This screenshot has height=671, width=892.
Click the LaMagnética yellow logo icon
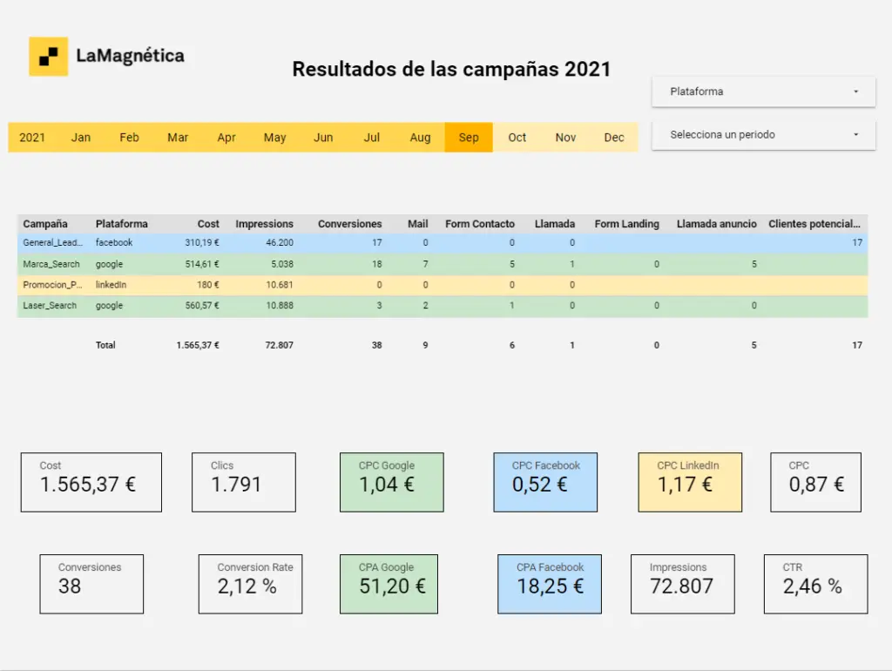pyautogui.click(x=49, y=57)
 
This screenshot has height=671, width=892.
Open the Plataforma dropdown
pyautogui.click(x=763, y=91)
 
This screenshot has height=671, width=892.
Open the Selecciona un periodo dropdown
pyautogui.click(x=763, y=135)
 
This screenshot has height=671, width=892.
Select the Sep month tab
pyautogui.click(x=469, y=137)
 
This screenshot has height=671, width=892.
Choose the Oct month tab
pyautogui.click(x=517, y=137)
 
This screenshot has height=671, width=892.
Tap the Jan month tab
pyautogui.click(x=81, y=137)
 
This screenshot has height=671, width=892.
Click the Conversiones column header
pyautogui.click(x=350, y=224)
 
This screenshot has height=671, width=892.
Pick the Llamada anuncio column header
pyautogui.click(x=717, y=224)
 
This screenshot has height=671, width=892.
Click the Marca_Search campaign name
pyautogui.click(x=51, y=264)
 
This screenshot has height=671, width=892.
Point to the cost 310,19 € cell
pyautogui.click(x=202, y=242)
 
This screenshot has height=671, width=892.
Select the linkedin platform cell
pyautogui.click(x=111, y=285)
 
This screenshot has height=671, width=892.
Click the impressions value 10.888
pyautogui.click(x=280, y=306)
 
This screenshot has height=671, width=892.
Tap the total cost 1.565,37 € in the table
pyautogui.click(x=198, y=345)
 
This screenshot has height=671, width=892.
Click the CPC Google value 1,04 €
pyautogui.click(x=386, y=485)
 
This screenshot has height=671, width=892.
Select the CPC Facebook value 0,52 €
pyautogui.click(x=539, y=485)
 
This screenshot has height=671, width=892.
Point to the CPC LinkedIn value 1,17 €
pyautogui.click(x=685, y=485)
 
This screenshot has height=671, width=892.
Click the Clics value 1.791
pyautogui.click(x=236, y=485)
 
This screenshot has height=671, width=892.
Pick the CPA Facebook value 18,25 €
pyautogui.click(x=551, y=586)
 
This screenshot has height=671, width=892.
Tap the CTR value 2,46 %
pyautogui.click(x=813, y=586)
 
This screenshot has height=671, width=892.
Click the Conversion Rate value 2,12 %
pyautogui.click(x=247, y=586)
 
